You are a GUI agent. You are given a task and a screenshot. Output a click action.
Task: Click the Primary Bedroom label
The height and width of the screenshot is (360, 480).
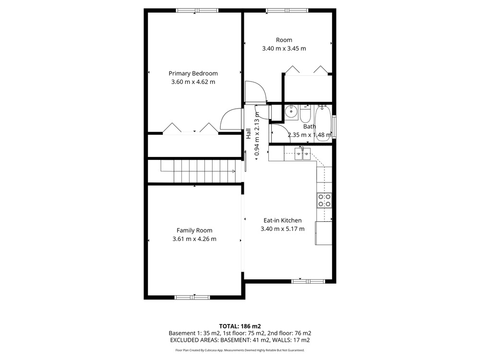tap(193, 73)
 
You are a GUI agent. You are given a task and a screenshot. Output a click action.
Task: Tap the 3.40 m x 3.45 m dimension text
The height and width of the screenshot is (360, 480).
tap(284, 48)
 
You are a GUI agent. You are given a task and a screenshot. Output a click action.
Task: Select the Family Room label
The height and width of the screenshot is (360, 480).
tap(194, 230)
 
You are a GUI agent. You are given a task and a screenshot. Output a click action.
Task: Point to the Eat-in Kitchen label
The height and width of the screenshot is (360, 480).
tap(283, 220)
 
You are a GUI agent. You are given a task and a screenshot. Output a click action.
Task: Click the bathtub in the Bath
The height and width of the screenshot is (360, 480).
tap(323, 123)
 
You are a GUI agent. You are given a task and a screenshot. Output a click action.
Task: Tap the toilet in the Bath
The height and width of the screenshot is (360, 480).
tap(305, 114)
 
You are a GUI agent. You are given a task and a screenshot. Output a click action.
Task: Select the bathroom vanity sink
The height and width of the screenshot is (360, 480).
tap(291, 111)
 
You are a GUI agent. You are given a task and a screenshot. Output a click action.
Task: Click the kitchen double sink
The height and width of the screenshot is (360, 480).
tap(302, 154)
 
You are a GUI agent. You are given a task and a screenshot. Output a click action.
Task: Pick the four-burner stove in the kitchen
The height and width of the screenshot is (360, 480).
tap(324, 200)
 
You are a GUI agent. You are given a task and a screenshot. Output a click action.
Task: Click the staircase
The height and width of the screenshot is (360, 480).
tap(198, 171)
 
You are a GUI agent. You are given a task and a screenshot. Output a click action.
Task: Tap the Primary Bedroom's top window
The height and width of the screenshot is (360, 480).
tap(197, 11)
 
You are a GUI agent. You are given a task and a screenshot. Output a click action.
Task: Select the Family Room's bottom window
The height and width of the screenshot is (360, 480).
tap(192, 297)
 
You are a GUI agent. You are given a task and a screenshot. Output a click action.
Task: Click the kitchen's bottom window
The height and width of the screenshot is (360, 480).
tap(308, 281)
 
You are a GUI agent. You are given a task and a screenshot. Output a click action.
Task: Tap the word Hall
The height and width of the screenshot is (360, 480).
tap(248, 133)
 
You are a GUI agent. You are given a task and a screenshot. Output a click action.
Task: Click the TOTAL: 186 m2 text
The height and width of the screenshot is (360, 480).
tap(240, 326)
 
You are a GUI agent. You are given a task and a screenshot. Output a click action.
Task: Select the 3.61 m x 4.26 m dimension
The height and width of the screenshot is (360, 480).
tap(194, 239)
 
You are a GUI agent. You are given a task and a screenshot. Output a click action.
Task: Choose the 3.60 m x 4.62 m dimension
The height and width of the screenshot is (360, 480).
tap(193, 82)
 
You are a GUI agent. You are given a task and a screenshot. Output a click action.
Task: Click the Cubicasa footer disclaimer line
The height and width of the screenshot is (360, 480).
tap(240, 350)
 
